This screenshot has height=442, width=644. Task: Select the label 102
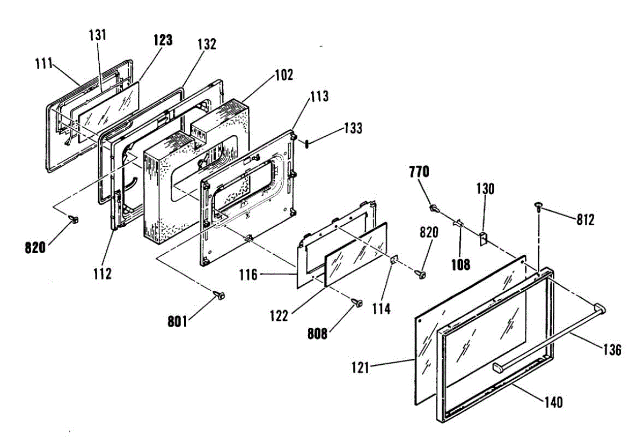[284, 75]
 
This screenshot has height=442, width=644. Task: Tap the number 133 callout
[353, 129]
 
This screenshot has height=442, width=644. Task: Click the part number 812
[585, 220]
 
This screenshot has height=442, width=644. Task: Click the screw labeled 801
[219, 294]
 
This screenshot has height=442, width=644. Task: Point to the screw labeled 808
[356, 303]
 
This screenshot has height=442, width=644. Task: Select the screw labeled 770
[434, 207]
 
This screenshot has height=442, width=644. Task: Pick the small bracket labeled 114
[395, 260]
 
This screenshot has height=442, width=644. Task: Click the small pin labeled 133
[306, 143]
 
